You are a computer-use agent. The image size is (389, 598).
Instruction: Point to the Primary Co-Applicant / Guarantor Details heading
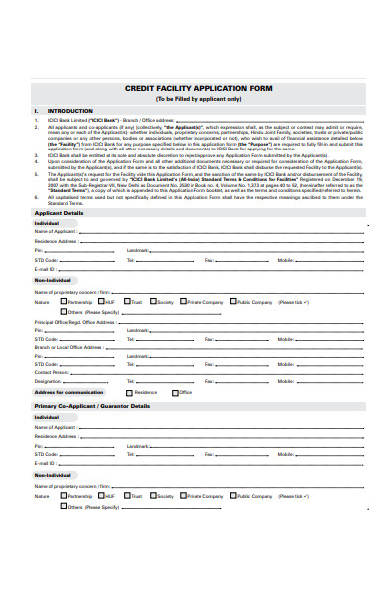click(x=92, y=406)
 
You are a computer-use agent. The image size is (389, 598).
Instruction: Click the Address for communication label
click(x=69, y=393)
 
